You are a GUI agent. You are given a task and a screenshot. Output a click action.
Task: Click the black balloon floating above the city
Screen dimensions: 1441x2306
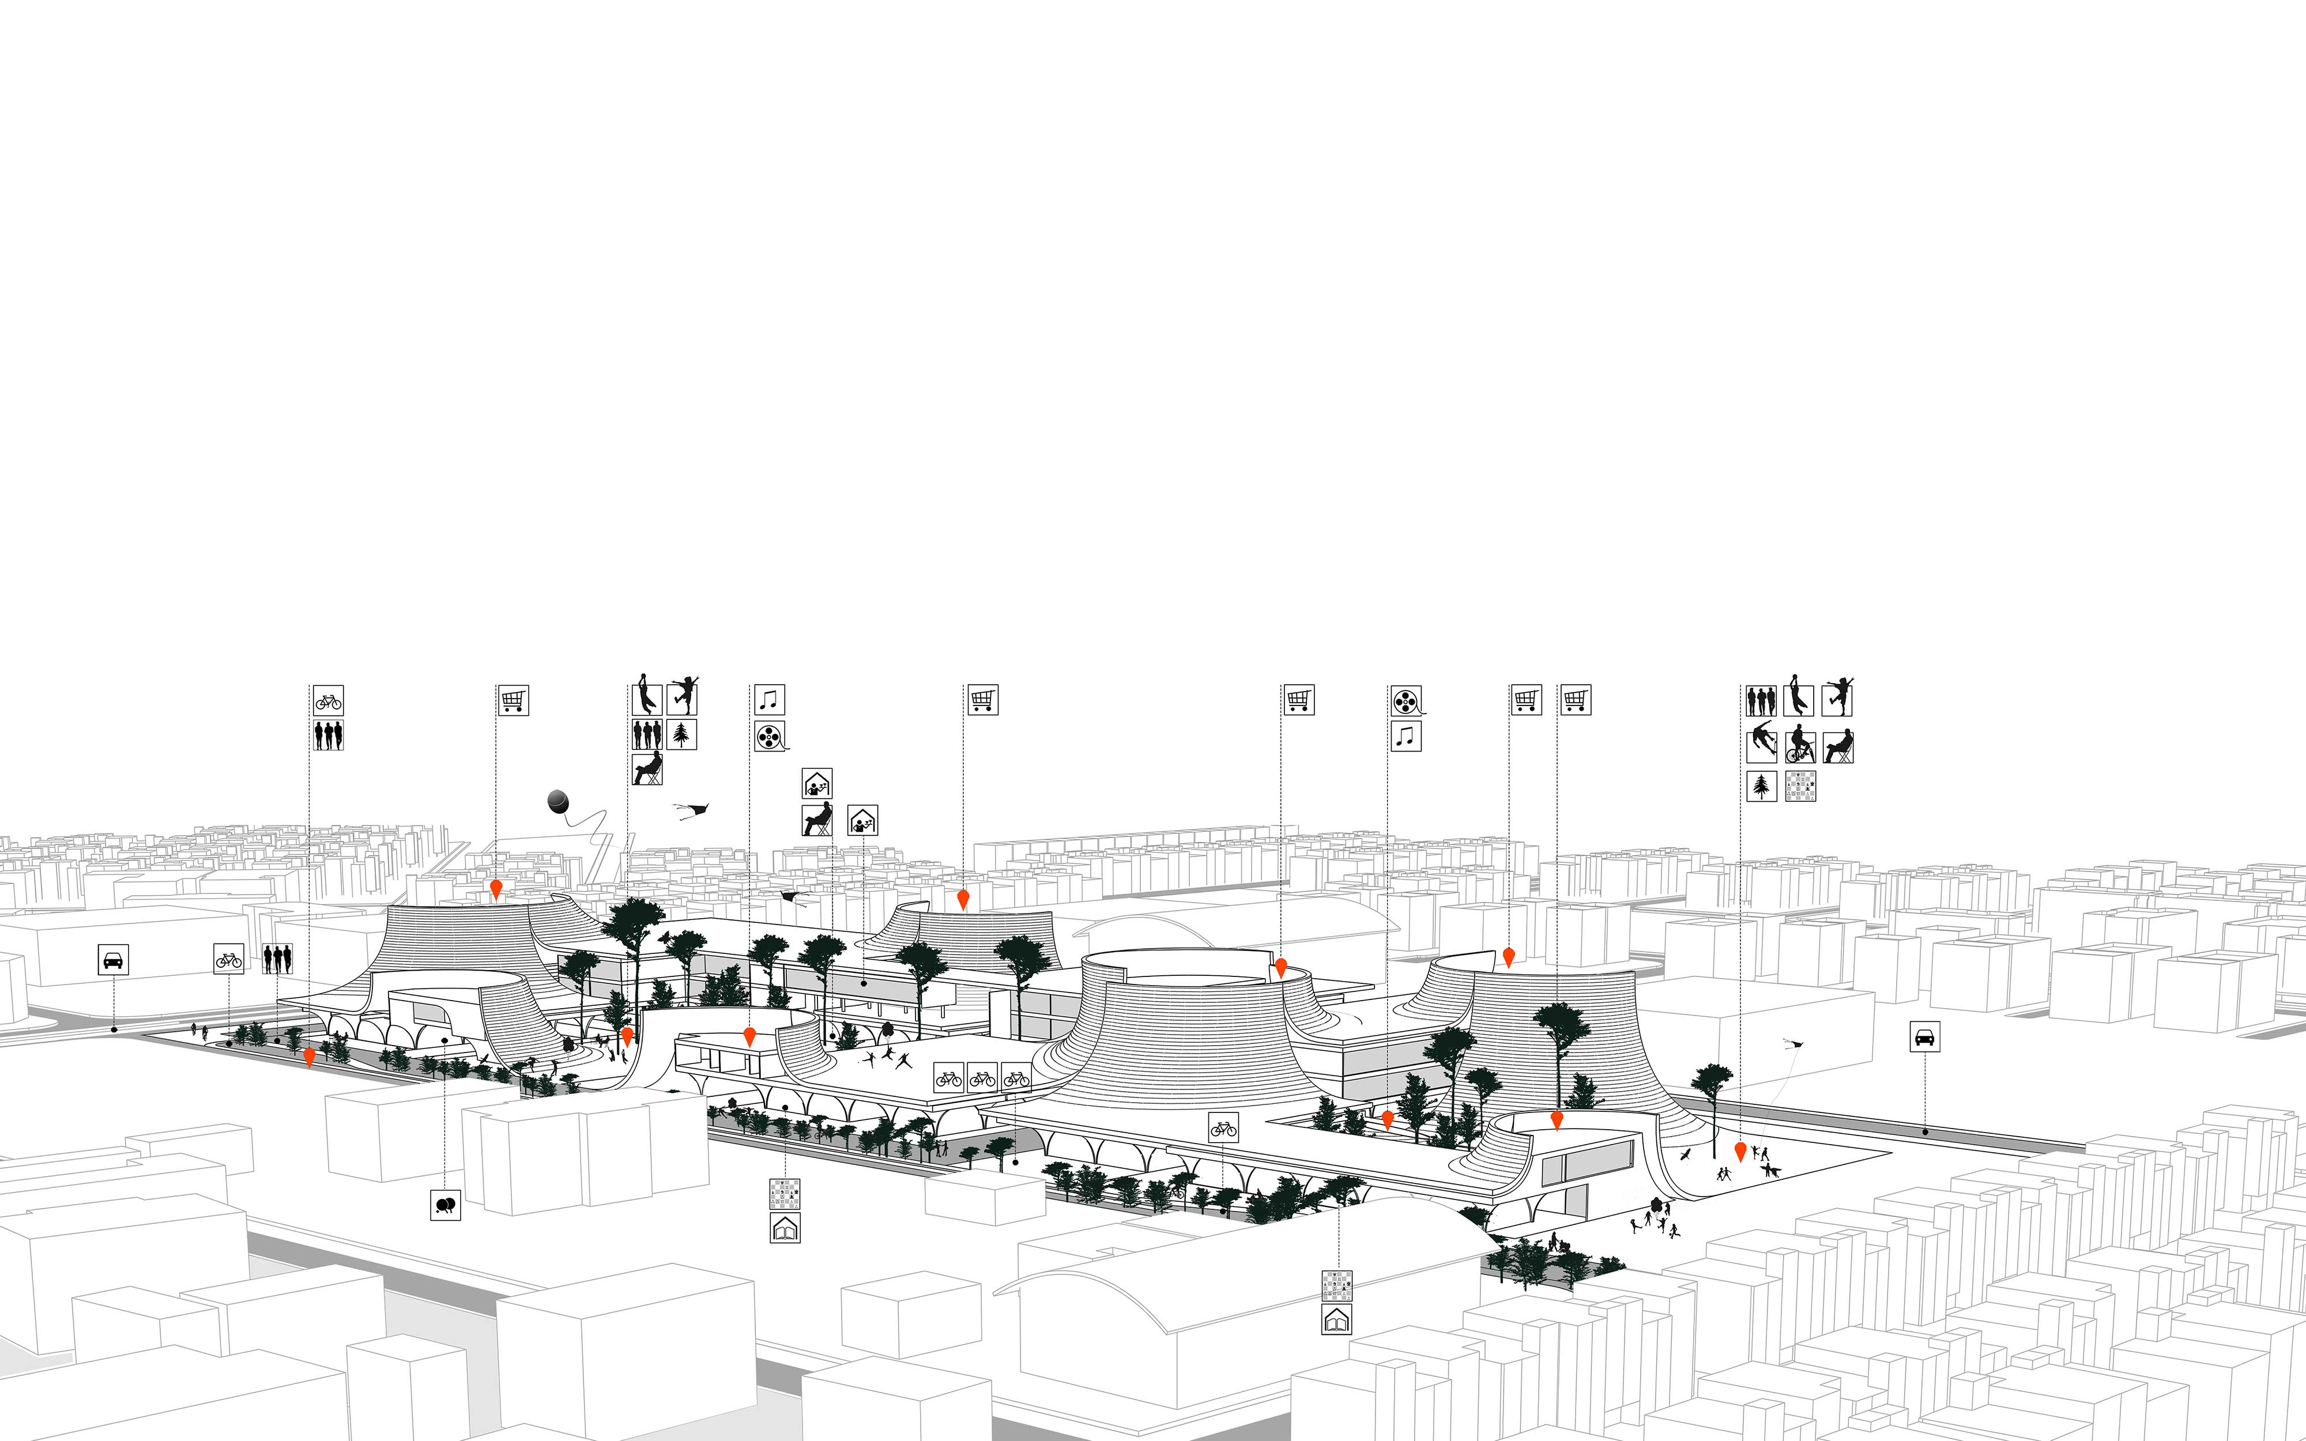(x=559, y=801)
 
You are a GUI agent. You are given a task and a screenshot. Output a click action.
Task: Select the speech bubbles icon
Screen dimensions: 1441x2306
(x=445, y=1205)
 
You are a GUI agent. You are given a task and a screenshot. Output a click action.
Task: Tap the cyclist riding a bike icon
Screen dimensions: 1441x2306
(x=1799, y=746)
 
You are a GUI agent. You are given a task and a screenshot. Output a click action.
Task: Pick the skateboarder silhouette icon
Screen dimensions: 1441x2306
(x=1761, y=746)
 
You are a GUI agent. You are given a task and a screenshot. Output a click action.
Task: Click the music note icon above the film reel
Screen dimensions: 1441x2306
(x=769, y=700)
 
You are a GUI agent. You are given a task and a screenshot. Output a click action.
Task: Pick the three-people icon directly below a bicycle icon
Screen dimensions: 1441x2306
(x=328, y=735)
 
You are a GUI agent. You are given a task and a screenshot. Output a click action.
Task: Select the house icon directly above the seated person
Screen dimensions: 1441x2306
(x=817, y=783)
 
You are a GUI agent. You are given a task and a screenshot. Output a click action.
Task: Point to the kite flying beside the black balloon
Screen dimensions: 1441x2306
(x=694, y=811)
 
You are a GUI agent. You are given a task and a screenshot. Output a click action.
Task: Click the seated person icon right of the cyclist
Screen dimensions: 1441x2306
(x=1838, y=746)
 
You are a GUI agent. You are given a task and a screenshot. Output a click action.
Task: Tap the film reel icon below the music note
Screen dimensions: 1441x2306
(x=770, y=735)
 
